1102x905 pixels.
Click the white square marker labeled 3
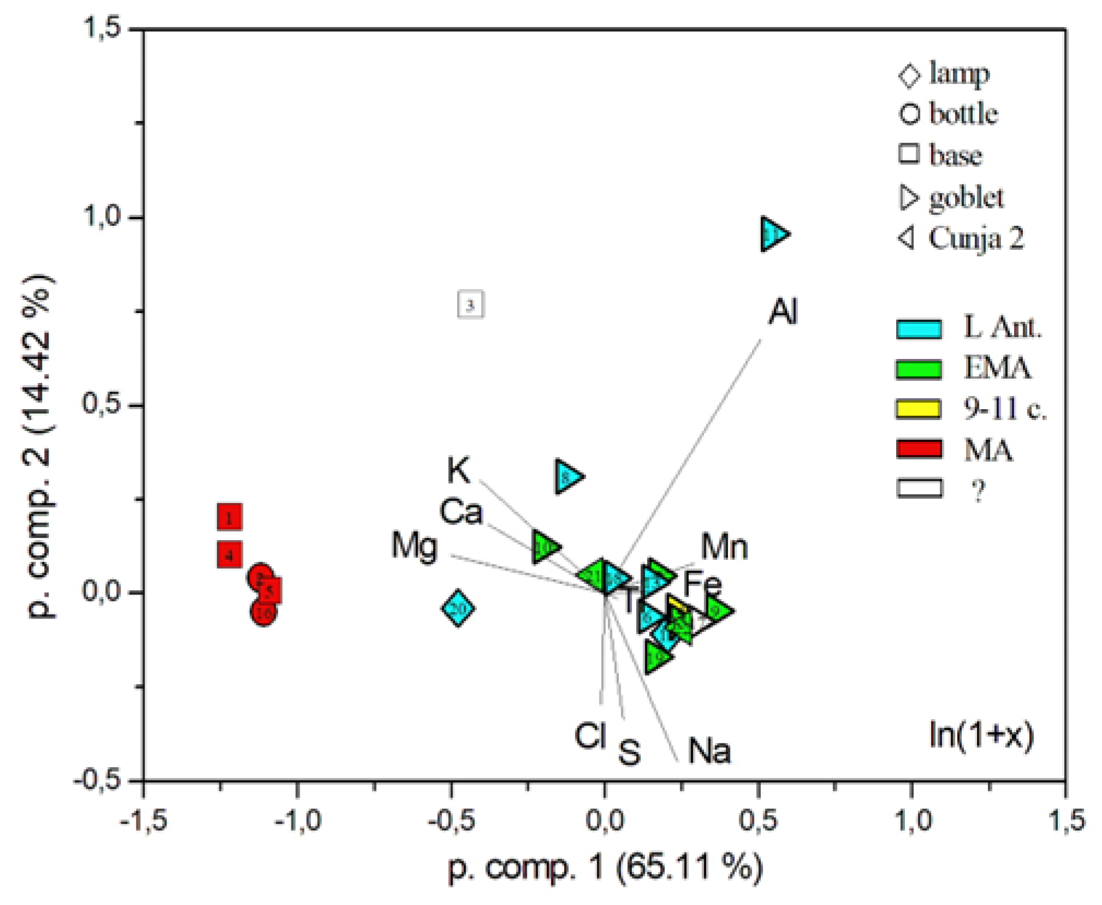[x=470, y=304]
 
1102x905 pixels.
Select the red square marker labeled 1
[x=229, y=517]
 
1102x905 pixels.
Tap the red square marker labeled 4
[x=229, y=555]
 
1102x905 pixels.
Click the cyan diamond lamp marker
[x=457, y=608]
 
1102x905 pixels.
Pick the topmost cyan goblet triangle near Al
[x=773, y=234]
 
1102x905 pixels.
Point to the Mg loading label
[x=414, y=546]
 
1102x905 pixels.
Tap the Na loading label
[x=708, y=751]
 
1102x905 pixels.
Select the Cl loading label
[x=590, y=735]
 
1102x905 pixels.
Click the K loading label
[x=457, y=470]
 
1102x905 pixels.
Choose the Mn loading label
[x=724, y=547]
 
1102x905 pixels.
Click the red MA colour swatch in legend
[x=919, y=448]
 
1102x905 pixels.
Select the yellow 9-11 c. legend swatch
[x=919, y=409]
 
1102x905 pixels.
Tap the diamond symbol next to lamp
[x=909, y=75]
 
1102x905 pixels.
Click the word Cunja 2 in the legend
[x=976, y=238]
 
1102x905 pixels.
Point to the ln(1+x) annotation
[x=981, y=735]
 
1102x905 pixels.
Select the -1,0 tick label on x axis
[x=297, y=820]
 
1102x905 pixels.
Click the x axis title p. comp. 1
[x=605, y=867]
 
